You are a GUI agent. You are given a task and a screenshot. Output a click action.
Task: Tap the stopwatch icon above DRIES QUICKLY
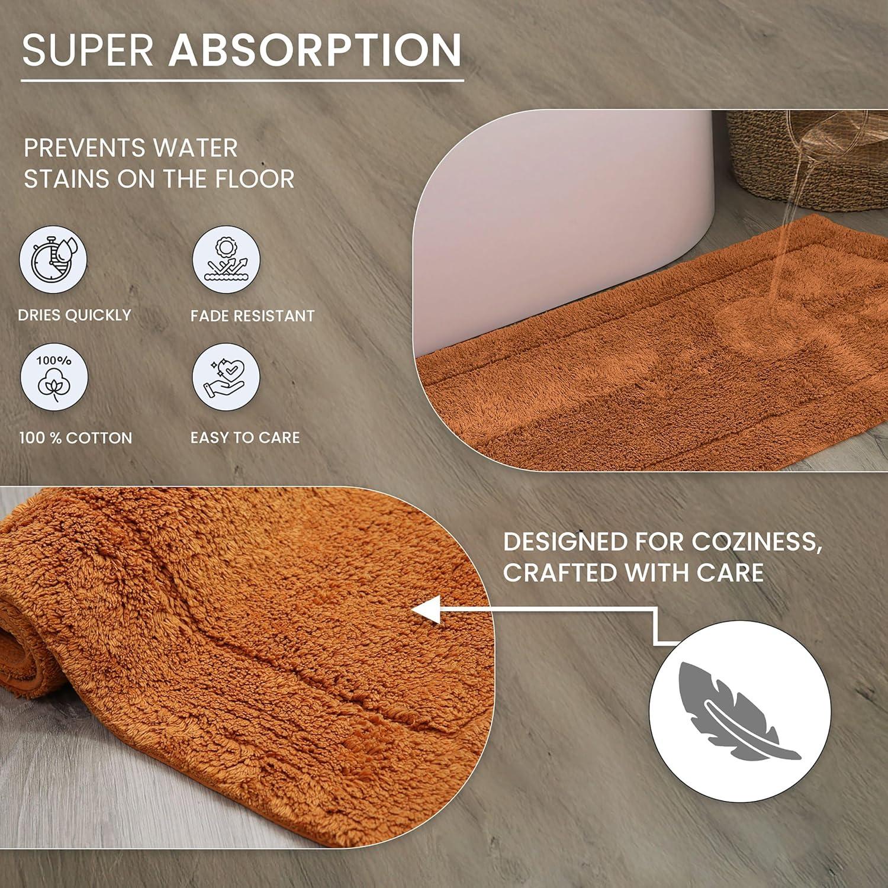[x=53, y=260]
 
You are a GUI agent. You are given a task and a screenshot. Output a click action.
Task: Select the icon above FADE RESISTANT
[x=226, y=260]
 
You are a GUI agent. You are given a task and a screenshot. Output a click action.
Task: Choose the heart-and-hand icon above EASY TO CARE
[x=226, y=377]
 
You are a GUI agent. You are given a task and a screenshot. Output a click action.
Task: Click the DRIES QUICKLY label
[x=75, y=315]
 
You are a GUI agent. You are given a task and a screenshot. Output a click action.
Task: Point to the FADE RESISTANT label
[x=252, y=316]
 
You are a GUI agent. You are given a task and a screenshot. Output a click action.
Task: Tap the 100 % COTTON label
[x=76, y=438]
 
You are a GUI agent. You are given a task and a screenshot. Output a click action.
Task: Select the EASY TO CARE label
[x=245, y=437]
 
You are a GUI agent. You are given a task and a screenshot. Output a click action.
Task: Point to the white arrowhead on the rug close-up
[x=427, y=610]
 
